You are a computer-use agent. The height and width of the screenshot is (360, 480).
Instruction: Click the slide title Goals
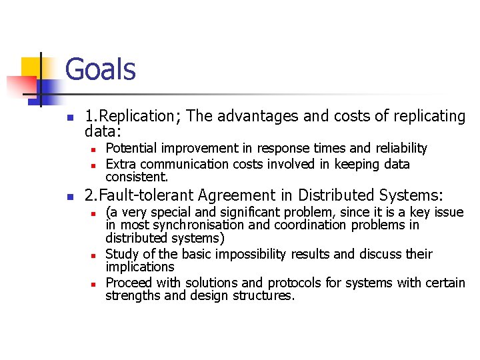(101, 69)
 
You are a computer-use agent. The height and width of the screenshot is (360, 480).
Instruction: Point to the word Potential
(130, 148)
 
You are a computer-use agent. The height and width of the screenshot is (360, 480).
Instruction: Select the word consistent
(137, 177)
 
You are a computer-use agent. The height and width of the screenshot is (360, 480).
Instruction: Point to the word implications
(139, 267)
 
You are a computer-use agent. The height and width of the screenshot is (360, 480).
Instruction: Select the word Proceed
(128, 283)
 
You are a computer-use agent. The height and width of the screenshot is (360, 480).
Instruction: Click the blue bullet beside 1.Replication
(69, 117)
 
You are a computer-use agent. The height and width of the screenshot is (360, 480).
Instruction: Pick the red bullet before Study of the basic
(94, 255)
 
